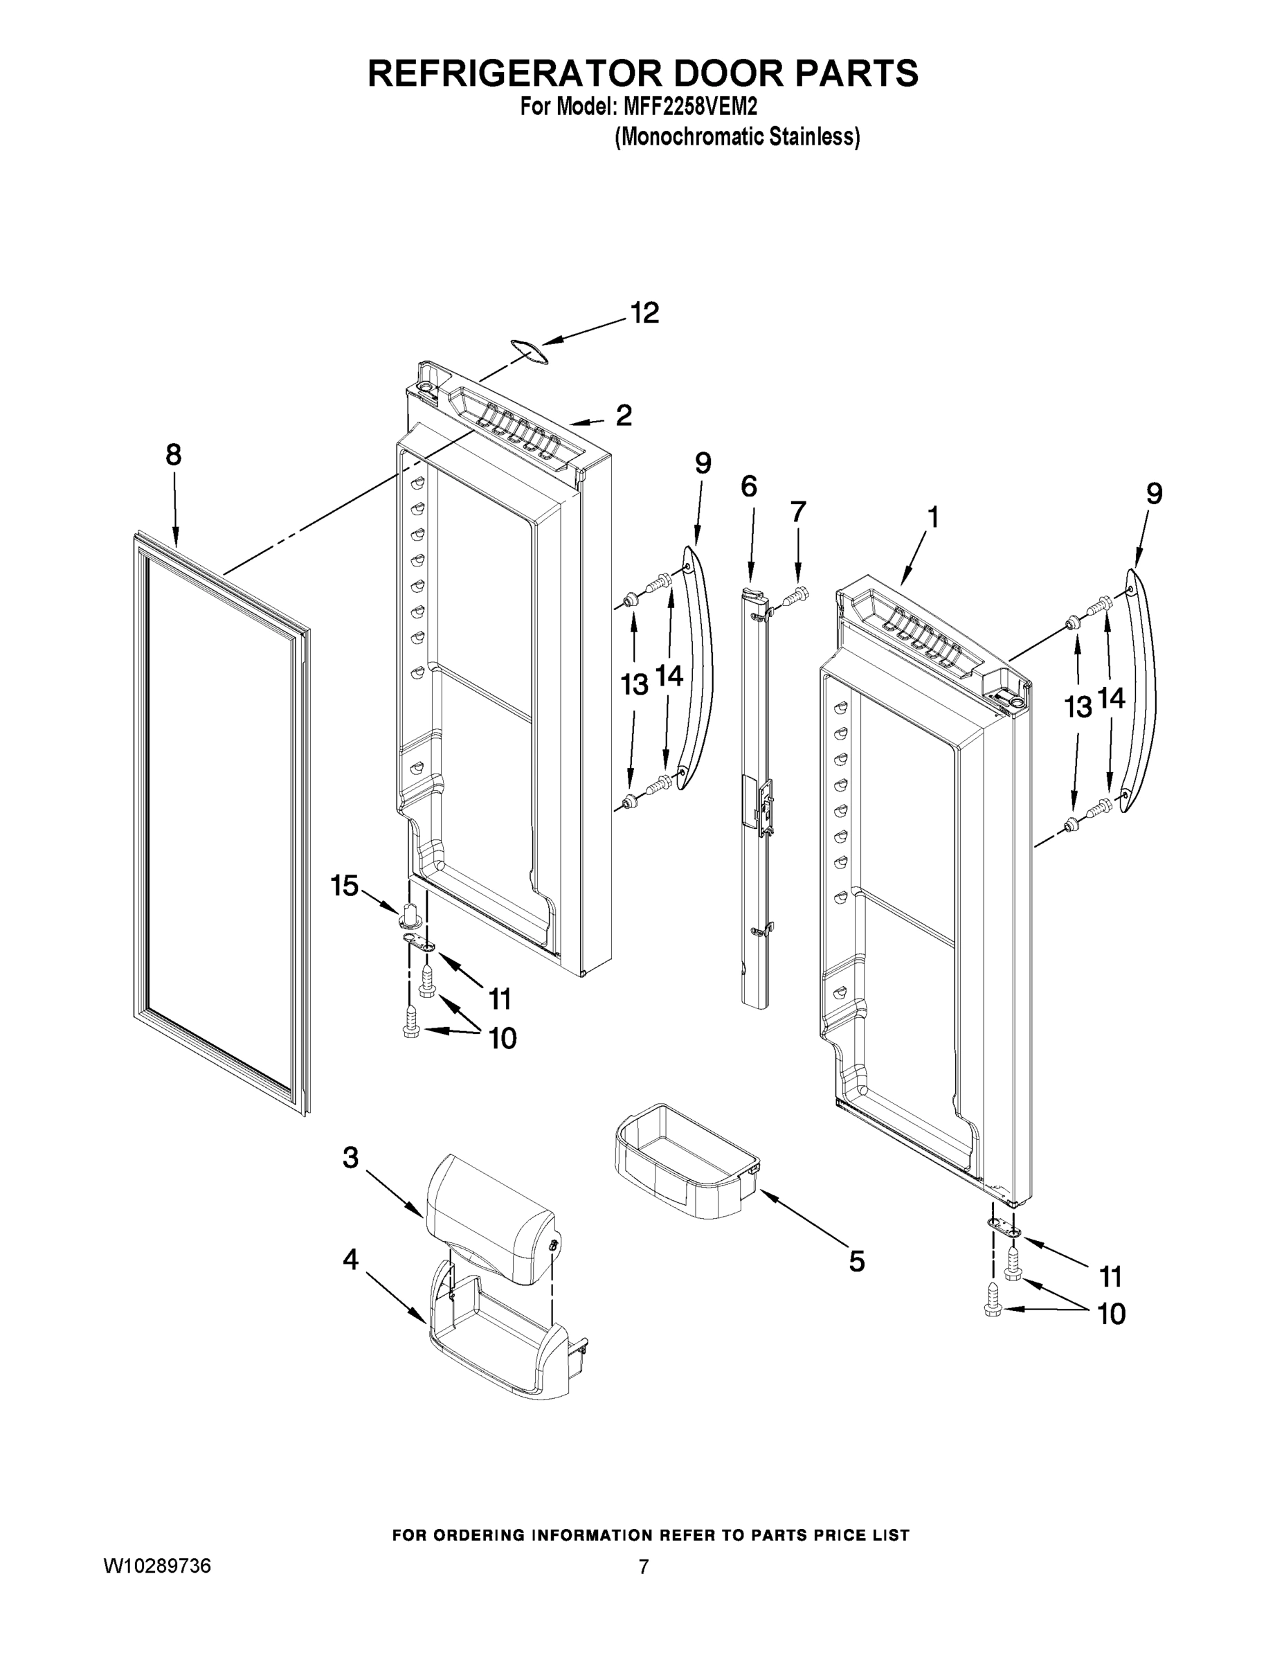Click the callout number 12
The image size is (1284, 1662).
[644, 313]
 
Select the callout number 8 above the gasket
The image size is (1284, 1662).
[174, 455]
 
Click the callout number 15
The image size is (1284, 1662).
[344, 885]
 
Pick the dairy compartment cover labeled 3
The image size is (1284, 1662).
[487, 1217]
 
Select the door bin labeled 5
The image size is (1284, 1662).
[685, 1162]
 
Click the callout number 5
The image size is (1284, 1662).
[856, 1262]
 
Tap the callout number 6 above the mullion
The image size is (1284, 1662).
[748, 485]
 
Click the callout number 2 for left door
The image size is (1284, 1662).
[623, 415]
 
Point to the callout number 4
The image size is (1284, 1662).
[350, 1260]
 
